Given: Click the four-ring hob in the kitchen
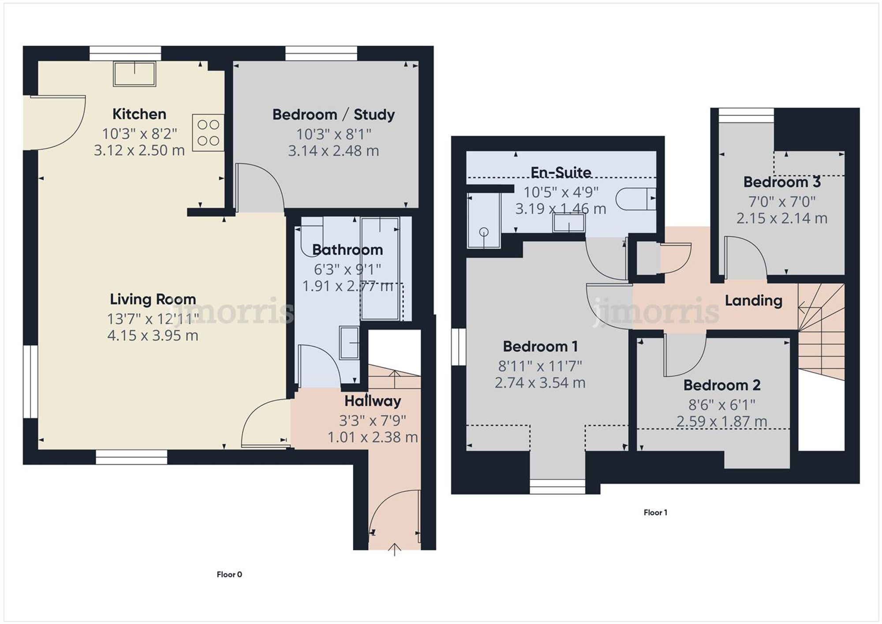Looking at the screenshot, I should coord(208,133).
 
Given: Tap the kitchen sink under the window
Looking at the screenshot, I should coord(135,74).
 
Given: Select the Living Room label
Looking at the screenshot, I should coord(153,299).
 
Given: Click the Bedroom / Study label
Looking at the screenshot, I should coord(333,115).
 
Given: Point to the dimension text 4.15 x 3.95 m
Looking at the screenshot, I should coord(153,336).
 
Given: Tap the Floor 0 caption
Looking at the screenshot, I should coord(229,575).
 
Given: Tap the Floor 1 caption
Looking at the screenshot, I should coord(655,512).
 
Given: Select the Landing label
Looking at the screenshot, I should coord(753,301).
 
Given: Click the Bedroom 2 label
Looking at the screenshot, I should coord(722,385).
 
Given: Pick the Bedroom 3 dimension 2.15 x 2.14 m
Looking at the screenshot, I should coord(781,218).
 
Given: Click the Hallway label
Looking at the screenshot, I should coord(373,401).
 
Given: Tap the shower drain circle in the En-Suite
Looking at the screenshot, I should coord(484,232).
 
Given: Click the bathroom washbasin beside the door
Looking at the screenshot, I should coord(349,343).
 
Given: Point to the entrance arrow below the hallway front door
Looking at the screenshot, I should coord(394,549).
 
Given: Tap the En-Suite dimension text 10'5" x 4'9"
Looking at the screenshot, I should coord(561,192).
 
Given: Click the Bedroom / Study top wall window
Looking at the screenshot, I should coord(321,53).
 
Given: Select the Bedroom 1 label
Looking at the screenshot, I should coord(540,347).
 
